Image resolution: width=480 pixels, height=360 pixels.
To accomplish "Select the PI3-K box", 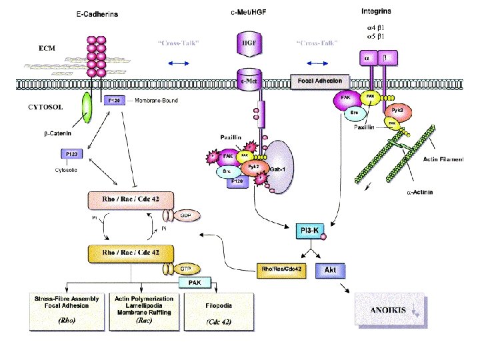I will (x=311, y=231).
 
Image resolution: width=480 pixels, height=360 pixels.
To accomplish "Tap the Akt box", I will (x=329, y=271).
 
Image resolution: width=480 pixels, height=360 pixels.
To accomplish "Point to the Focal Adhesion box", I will (x=319, y=81).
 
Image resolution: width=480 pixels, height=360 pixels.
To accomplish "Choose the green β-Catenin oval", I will (x=87, y=107).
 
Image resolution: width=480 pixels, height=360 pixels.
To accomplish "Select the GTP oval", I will (x=167, y=268).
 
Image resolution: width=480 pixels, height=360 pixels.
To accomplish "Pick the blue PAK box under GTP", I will (x=195, y=283).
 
